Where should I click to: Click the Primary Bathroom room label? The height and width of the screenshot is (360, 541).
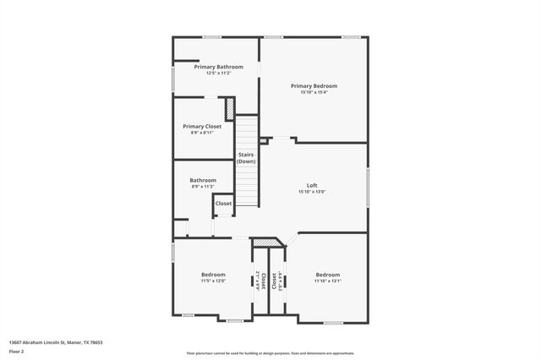[218, 67]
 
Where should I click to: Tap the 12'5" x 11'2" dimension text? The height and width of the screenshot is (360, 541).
[218, 74]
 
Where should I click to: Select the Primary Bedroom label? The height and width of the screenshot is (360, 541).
[314, 85]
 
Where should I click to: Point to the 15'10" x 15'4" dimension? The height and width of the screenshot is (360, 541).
[314, 92]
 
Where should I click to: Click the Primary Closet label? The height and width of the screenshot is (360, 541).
[202, 127]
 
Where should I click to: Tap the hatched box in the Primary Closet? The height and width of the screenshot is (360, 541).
[229, 110]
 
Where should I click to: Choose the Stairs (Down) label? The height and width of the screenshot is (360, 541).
[246, 158]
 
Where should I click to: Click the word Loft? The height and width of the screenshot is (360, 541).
[312, 185]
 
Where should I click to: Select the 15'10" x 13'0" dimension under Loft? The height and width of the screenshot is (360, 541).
[312, 192]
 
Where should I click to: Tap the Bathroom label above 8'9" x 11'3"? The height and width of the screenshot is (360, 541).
[203, 180]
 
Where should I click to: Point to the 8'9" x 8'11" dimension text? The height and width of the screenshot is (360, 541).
[202, 134]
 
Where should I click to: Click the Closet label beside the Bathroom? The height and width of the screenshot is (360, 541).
[223, 204]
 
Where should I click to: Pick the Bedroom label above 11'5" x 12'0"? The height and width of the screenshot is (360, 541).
[213, 275]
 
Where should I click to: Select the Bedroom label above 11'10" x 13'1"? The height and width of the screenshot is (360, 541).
[328, 275]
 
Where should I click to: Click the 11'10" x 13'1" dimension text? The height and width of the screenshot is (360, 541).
[328, 281]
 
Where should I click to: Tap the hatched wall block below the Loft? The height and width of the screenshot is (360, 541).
[265, 243]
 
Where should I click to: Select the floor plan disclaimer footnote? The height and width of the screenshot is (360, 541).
[270, 353]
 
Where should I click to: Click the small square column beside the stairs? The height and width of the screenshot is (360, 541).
[263, 140]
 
